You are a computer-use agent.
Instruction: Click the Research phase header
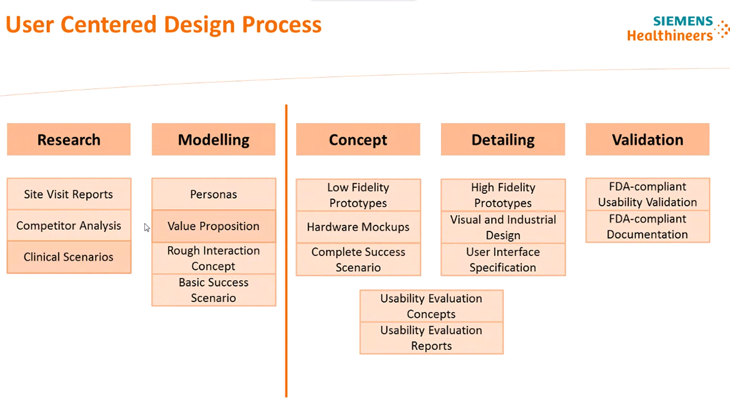coord(69,140)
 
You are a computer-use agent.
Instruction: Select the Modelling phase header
coord(214,140)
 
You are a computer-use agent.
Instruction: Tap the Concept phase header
coord(358,140)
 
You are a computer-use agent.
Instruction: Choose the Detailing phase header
coord(502,140)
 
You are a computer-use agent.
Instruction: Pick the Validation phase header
coord(647,140)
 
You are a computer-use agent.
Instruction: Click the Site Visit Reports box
coord(69,195)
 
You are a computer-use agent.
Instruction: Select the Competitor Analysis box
coord(69,226)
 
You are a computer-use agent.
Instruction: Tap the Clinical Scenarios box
coord(69,257)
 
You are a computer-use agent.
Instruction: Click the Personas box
coord(214,195)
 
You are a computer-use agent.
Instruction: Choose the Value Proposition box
coord(214,226)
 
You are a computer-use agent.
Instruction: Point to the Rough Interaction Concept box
coord(214,258)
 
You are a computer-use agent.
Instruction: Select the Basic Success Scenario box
coord(214,290)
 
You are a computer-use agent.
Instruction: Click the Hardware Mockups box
coord(358,227)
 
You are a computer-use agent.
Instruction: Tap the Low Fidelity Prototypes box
coord(358,195)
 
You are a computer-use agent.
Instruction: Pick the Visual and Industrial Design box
coord(502,227)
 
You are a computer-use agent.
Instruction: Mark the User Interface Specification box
coord(502,260)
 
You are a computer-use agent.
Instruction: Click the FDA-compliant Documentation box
coord(647,227)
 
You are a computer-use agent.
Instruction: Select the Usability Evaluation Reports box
coord(431,338)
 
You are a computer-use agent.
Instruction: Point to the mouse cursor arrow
coord(147,227)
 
